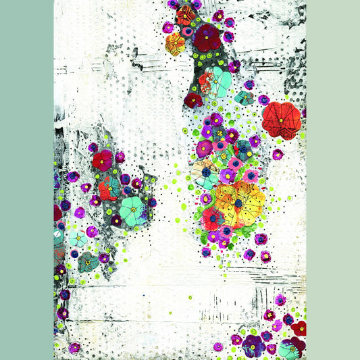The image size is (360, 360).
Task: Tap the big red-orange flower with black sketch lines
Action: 282,120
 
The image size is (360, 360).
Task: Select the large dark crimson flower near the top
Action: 207,37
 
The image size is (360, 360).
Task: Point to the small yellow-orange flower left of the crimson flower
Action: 175,45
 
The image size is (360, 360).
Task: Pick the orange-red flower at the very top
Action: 186,14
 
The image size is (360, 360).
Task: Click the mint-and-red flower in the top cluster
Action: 215,81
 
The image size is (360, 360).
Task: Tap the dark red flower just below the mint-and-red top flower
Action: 193,100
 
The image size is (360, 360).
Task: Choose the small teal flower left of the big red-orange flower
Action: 245,99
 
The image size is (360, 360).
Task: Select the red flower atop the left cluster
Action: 103,160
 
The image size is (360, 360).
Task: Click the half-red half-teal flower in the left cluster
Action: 109,188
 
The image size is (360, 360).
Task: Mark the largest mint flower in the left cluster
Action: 132,210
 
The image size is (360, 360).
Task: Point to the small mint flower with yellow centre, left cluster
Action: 78,238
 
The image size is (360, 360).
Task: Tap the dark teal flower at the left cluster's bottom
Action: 87,261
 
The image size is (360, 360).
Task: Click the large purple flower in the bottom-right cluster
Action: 254,346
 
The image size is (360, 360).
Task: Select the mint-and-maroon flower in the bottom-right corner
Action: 290,349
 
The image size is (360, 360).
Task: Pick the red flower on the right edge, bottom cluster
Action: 299,328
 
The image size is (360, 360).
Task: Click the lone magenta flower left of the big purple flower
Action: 218,346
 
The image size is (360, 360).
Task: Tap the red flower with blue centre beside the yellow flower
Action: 212,218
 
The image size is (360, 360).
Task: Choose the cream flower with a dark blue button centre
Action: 205,174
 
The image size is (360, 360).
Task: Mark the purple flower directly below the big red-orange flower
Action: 278,154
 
